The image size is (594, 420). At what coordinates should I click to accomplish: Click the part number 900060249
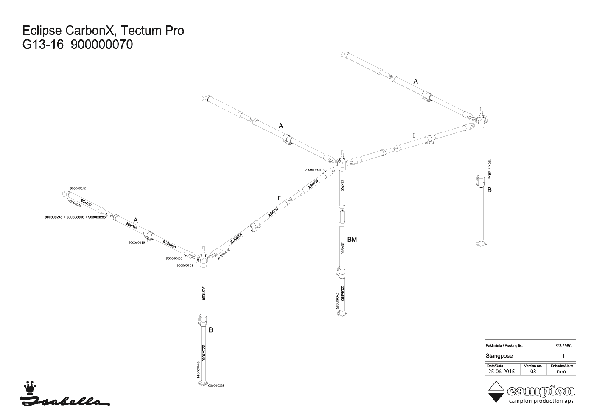pos(78,188)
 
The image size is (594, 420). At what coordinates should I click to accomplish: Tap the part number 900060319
pos(137,243)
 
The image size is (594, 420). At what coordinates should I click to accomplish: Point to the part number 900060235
pos(216,386)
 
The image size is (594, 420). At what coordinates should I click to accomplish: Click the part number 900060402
pos(174,258)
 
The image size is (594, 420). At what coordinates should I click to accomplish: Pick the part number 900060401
pos(185,265)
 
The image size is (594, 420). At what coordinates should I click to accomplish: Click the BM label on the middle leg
pos(352,240)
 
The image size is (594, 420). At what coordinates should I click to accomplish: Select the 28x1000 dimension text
pos(204,293)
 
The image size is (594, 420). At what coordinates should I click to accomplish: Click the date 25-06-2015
pos(501,371)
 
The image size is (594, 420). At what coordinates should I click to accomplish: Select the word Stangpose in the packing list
pos(499,356)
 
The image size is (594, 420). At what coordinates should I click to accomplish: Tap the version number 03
pos(533,371)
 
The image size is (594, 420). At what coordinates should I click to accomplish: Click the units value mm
pos(561,371)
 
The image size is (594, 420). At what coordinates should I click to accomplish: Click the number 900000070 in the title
pos(101,44)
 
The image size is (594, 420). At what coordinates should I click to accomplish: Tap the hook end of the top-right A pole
pos(344,54)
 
